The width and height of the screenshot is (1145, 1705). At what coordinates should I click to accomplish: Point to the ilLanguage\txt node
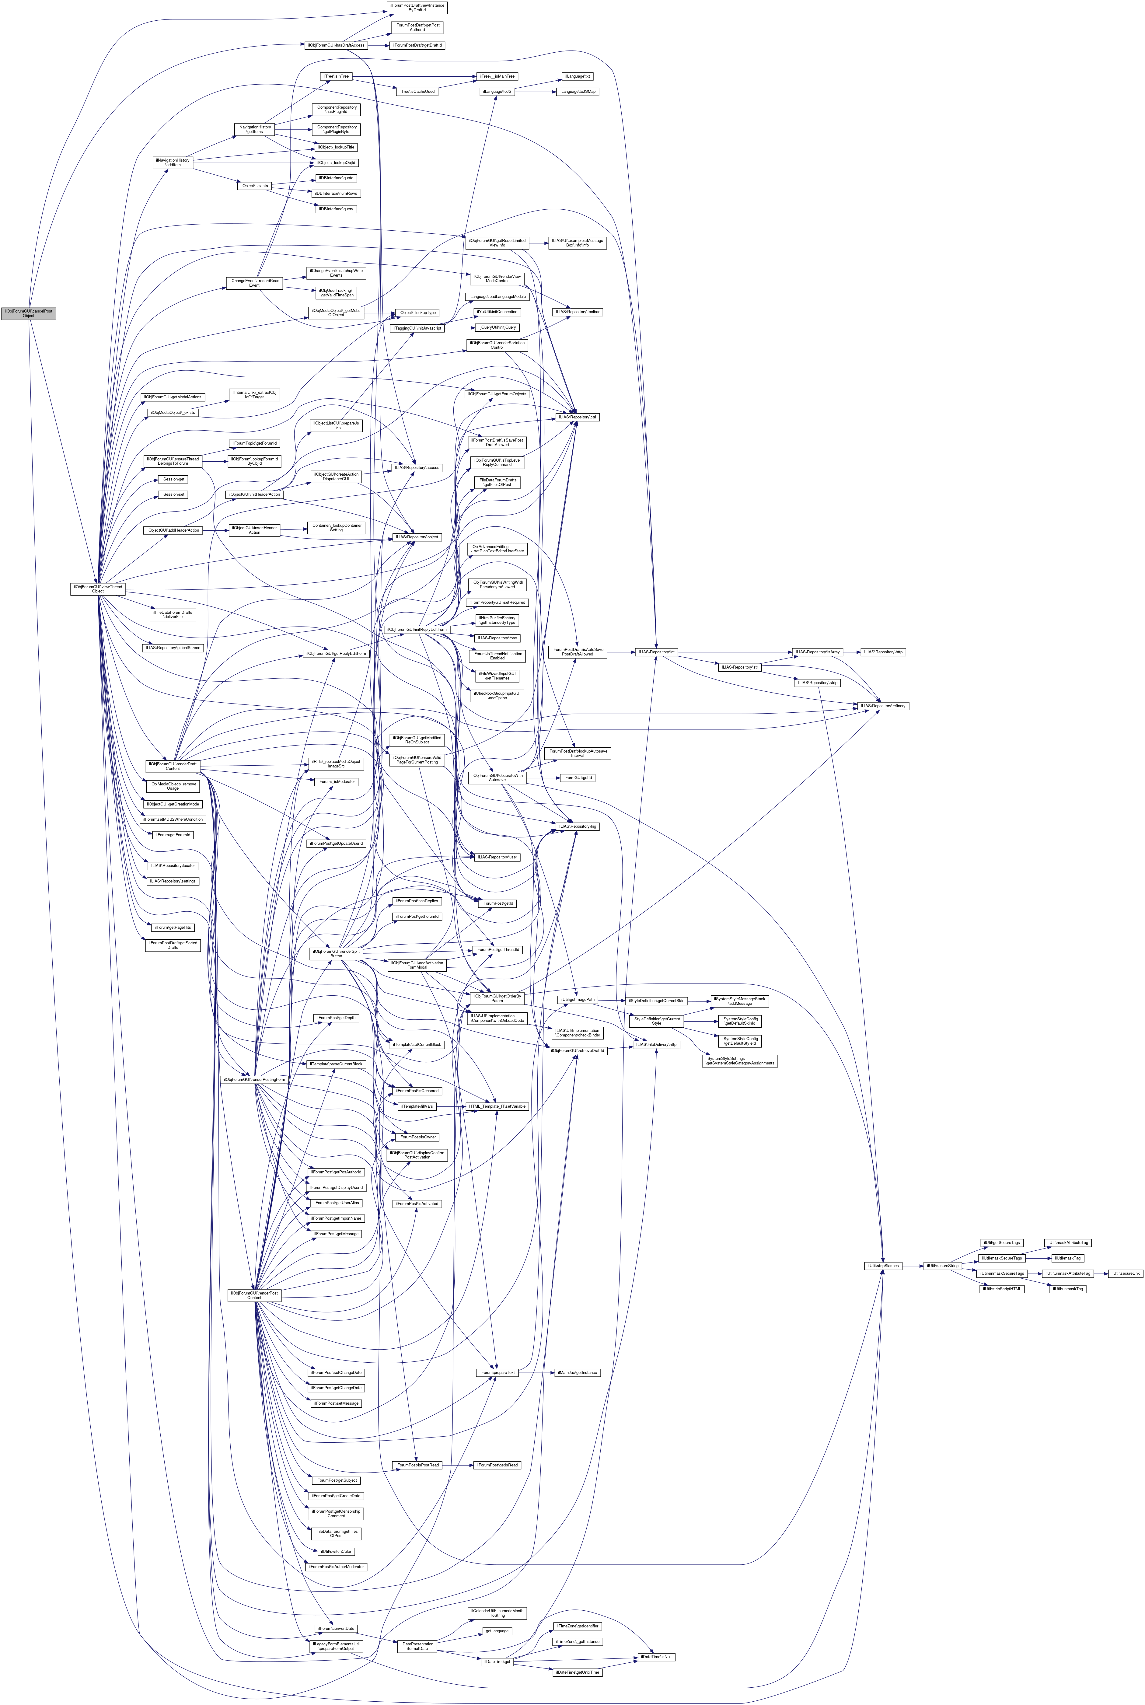(x=577, y=76)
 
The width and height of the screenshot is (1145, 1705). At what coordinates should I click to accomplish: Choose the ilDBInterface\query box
(x=336, y=209)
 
